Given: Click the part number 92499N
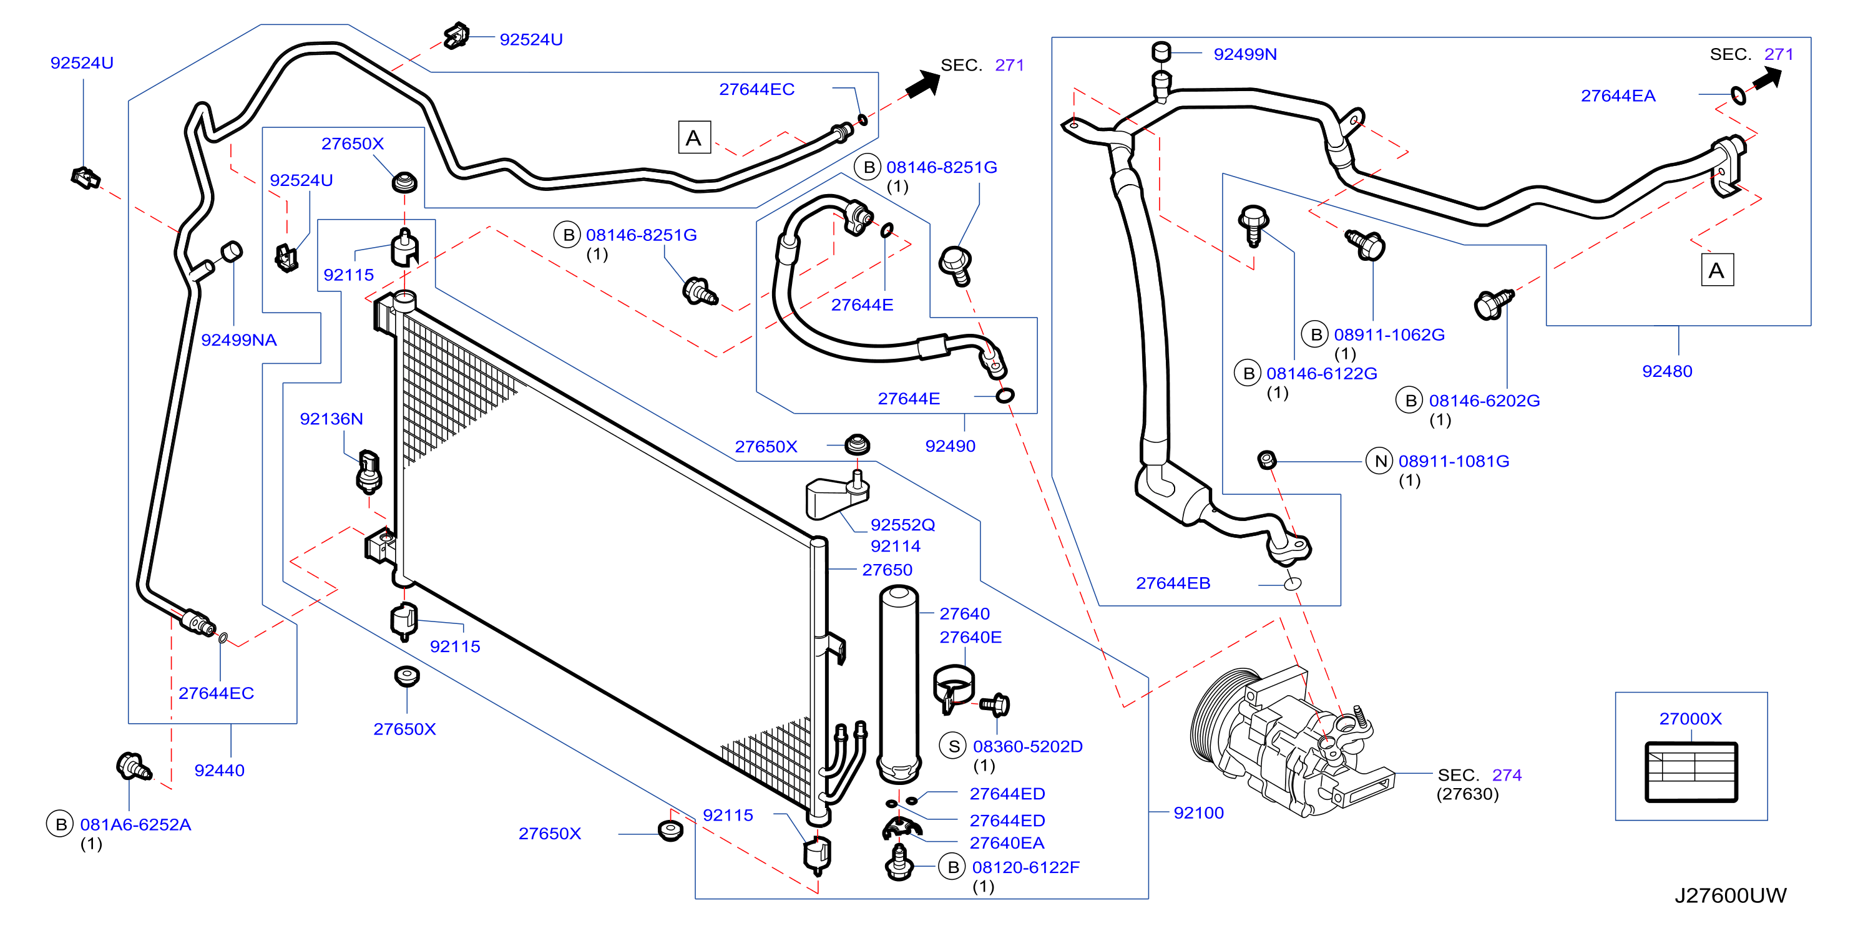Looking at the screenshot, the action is click(1245, 54).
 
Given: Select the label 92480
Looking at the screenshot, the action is click(1667, 371).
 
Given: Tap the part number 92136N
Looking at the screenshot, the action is click(331, 419).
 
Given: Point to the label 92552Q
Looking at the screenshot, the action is click(902, 525).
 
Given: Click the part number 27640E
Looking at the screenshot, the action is click(970, 638).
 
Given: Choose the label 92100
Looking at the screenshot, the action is click(1198, 814).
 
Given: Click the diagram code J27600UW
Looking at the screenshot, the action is click(1730, 895).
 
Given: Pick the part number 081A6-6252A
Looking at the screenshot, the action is click(135, 825).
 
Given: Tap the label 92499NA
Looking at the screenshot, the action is click(239, 341).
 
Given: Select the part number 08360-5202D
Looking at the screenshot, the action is click(1028, 747).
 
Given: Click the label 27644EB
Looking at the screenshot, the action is click(1173, 583).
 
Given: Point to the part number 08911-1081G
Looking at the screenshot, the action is click(1454, 462).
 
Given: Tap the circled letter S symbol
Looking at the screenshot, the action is click(954, 747).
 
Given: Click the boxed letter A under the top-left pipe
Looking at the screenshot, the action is click(694, 138).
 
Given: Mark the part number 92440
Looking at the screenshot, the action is click(219, 771).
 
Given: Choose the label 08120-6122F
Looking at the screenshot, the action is click(1025, 867).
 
